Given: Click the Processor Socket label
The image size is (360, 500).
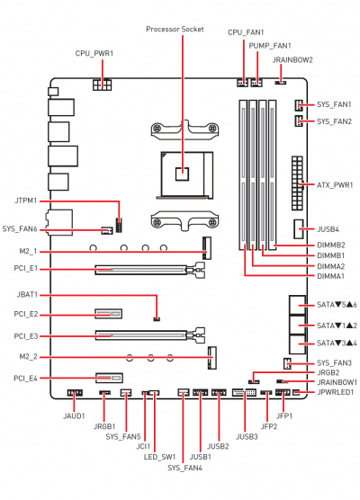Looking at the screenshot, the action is [175, 29].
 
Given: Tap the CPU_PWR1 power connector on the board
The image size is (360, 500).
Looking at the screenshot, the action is [103, 85].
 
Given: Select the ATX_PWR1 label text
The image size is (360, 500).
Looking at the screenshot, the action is [335, 185].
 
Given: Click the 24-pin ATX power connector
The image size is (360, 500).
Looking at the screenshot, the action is [297, 183].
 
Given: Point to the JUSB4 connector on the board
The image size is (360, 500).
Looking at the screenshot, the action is [299, 229].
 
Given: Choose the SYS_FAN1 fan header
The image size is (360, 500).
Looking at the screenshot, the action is [299, 104].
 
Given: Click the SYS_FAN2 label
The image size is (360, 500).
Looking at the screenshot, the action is [334, 121].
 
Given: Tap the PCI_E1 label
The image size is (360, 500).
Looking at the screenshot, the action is [26, 269].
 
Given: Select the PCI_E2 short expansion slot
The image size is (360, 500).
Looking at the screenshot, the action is [109, 314].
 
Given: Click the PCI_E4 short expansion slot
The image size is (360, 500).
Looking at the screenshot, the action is [109, 378].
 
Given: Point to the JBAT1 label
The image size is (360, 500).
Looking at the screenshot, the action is [27, 295].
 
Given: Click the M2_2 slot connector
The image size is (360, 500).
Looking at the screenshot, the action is [211, 358].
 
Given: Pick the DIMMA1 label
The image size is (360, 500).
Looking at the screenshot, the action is [330, 276].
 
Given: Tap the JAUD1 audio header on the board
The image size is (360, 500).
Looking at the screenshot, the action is [75, 393].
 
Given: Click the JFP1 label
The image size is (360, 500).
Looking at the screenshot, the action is [284, 415].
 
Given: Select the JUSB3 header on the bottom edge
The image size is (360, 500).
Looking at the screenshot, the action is [245, 392].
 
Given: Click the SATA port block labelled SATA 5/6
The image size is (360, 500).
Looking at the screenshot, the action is [297, 305].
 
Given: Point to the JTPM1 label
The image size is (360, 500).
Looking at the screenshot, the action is [26, 201].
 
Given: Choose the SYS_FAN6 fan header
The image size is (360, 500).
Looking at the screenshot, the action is [107, 230].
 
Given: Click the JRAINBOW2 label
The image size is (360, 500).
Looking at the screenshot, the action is [292, 60].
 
